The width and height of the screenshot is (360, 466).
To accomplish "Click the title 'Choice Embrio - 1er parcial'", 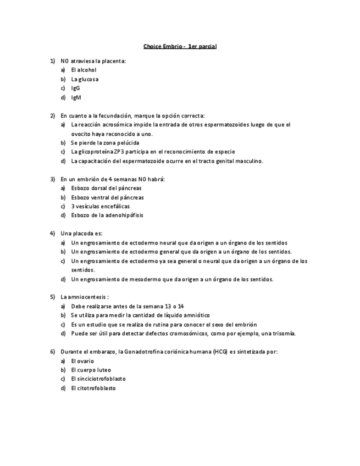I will pos(180,46).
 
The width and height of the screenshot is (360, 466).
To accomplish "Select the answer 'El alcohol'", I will pos(84,70).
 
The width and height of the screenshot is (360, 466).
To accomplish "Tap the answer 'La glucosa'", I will pos(85,79).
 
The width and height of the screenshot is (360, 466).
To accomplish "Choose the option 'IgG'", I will pos(75,88).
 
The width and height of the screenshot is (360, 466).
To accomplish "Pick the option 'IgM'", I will pos(76,97).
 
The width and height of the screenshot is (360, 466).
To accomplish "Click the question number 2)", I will pos(53,115).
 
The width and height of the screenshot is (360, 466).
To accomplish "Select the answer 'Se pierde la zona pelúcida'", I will pos(105,143).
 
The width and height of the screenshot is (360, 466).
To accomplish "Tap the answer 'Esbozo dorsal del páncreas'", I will pos(106,188).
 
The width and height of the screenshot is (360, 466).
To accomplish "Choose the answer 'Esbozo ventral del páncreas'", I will pos(107,197).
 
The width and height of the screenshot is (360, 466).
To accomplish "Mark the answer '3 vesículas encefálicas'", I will pos(100,206).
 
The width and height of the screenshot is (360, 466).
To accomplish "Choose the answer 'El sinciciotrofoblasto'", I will pos(98,379).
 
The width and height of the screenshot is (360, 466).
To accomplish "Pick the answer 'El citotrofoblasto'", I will pos(93,388).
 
